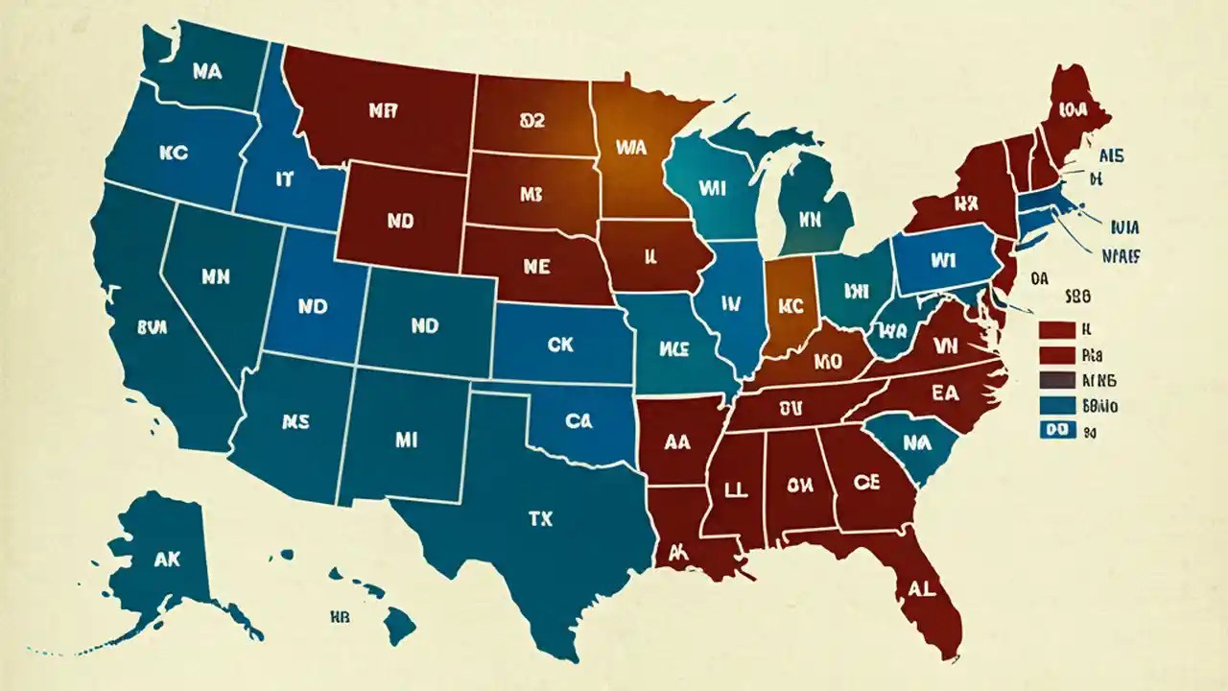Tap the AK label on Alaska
point(166,561)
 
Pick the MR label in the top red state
point(382,110)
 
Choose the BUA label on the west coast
point(152,326)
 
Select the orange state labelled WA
point(630,149)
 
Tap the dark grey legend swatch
point(1056,380)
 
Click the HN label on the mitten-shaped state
point(812,220)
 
